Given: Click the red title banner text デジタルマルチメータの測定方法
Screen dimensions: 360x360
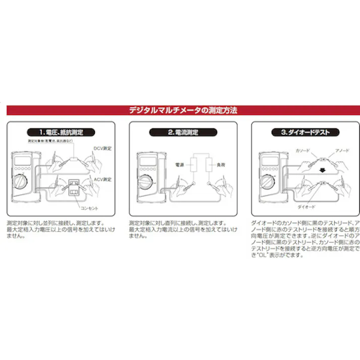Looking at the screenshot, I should (180, 110).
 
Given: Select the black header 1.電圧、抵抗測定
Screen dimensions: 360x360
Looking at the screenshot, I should (60, 132).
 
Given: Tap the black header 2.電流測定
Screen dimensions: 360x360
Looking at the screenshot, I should (180, 132).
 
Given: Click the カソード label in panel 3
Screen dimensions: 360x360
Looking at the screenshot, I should (301, 150).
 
